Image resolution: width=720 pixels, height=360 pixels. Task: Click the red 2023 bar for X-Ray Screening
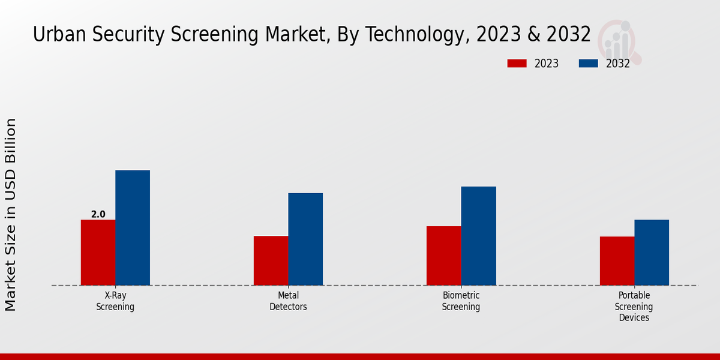98,252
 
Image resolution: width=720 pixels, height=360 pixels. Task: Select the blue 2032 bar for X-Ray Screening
133,227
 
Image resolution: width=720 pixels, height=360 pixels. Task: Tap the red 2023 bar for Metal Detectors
271,260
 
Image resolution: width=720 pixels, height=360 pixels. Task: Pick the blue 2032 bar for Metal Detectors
305,239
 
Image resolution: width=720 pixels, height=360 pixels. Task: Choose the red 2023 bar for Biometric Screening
443,256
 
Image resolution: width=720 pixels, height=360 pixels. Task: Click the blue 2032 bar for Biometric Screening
478,236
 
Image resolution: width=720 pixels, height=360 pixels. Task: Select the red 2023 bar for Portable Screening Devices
617,260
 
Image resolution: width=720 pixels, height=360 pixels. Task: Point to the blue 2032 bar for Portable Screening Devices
652,252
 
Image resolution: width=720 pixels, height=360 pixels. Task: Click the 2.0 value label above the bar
98,214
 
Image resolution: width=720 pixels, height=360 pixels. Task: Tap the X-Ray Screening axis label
115,301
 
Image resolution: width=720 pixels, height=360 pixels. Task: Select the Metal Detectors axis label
288,301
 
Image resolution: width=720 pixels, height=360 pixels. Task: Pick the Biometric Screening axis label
461,301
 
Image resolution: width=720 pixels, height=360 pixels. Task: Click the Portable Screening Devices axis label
634,307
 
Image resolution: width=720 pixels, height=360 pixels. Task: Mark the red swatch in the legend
517,64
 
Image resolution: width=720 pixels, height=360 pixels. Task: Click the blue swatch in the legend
589,64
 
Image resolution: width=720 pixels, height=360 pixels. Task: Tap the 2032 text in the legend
618,64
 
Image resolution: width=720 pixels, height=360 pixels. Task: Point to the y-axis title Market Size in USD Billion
11,214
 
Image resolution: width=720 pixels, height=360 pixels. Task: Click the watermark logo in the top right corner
619,41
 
